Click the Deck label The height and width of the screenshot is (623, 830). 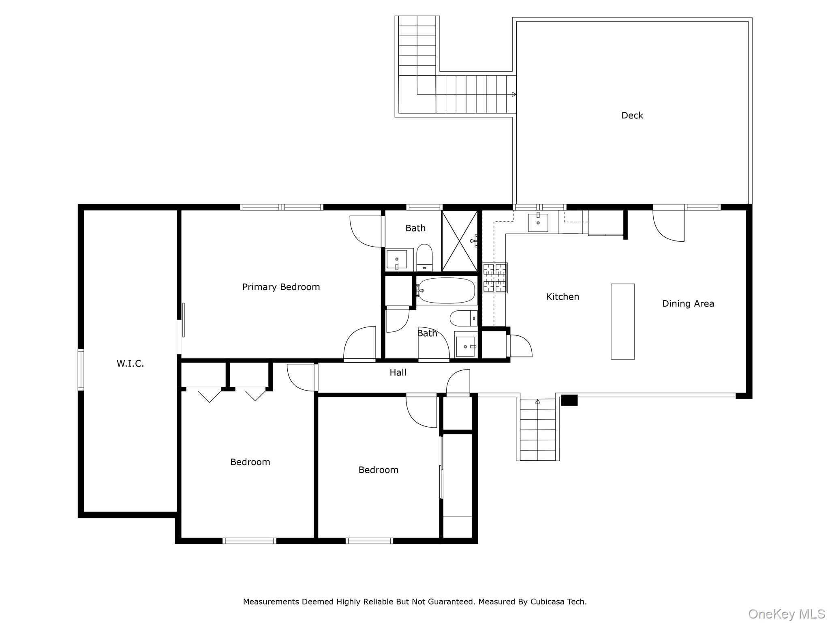coord(632,116)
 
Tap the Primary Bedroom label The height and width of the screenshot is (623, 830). coord(281,287)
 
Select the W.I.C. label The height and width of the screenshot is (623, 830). coord(130,363)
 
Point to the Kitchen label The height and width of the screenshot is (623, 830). coord(563,296)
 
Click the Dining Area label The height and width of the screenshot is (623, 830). coord(688,303)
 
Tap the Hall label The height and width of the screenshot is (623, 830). coord(398,372)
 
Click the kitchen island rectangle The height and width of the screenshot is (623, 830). coord(623,322)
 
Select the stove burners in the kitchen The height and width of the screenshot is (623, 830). coord(495,278)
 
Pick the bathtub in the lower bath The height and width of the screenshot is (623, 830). coord(446,290)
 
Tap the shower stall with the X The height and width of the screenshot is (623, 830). coord(460,241)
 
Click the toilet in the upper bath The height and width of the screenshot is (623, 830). coord(424,258)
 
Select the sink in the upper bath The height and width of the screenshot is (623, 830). coord(397,260)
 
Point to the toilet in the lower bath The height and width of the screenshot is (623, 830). coord(464,318)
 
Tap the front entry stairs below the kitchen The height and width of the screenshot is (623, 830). coord(538,430)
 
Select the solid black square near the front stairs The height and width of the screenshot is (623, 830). coord(569,400)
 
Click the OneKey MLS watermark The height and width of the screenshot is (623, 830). coord(787,614)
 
